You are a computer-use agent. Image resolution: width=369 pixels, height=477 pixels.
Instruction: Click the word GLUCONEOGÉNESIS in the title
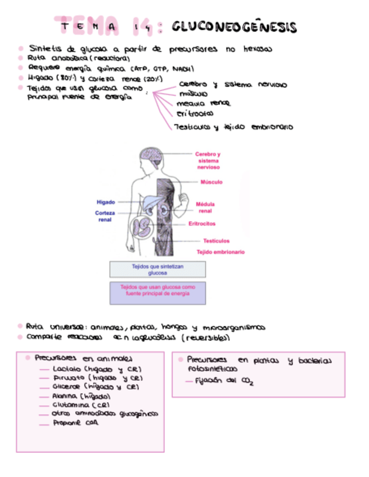pyautogui.click(x=234, y=26)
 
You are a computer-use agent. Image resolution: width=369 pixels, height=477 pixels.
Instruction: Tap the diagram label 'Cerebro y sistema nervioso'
pyautogui.click(x=208, y=160)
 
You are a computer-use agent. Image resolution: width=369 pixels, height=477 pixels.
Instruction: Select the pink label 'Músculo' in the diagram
pyautogui.click(x=211, y=182)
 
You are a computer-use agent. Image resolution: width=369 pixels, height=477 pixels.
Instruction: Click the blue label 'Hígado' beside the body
pyautogui.click(x=106, y=202)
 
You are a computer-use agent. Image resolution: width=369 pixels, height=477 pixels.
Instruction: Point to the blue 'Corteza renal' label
pyautogui.click(x=105, y=217)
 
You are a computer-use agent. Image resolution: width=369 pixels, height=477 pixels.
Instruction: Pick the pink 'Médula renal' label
pyautogui.click(x=205, y=208)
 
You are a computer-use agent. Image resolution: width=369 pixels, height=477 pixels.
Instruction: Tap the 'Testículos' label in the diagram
pyautogui.click(x=216, y=241)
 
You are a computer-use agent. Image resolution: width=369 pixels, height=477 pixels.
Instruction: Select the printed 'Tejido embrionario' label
pyautogui.click(x=220, y=252)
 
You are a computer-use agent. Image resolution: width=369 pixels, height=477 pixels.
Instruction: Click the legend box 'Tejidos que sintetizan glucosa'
pyautogui.click(x=157, y=269)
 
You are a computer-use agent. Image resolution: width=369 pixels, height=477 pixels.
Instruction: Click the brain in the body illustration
pyautogui.click(x=151, y=154)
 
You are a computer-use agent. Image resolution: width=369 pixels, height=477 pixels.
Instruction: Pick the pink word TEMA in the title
pyautogui.click(x=89, y=26)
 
